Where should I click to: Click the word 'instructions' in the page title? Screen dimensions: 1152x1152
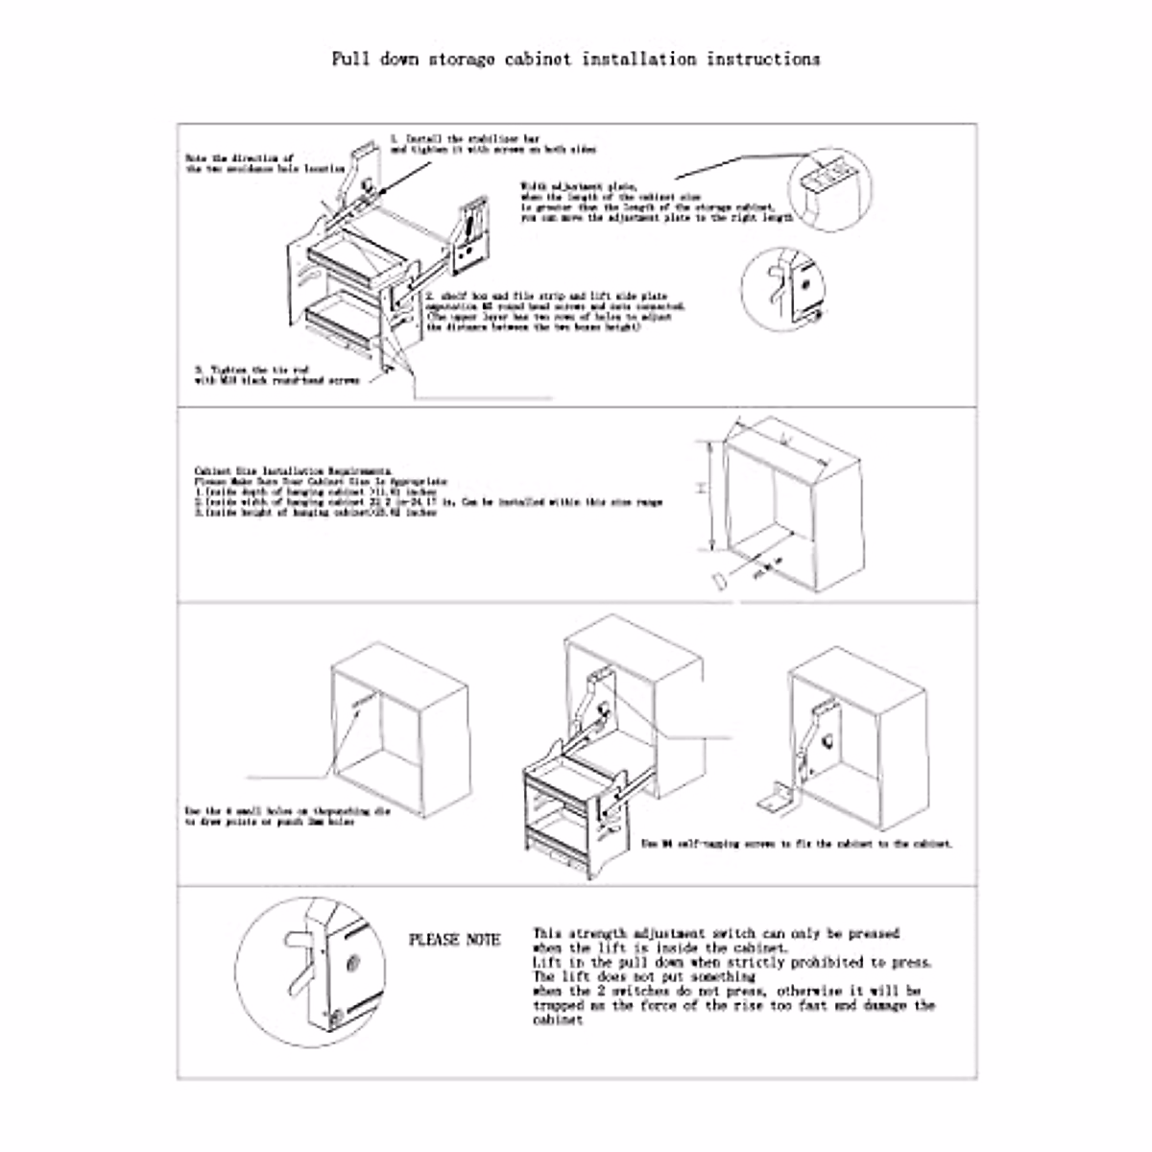[x=763, y=59]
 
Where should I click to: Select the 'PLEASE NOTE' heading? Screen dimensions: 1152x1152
[x=454, y=939]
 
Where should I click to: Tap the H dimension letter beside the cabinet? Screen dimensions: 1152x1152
[x=702, y=489]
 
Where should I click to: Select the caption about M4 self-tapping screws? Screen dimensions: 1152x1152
[x=797, y=844]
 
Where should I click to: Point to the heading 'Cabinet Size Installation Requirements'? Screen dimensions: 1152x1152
[x=292, y=470]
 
